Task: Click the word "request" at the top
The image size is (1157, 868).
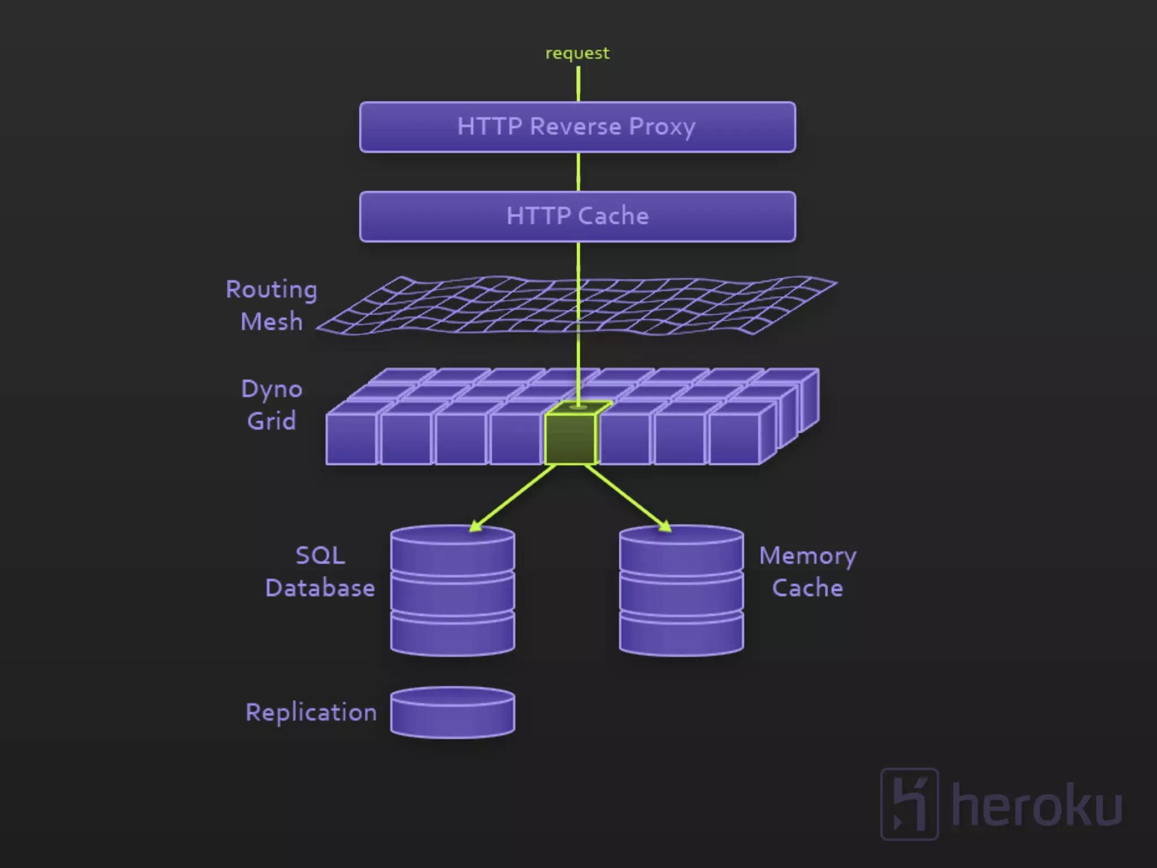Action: (x=577, y=53)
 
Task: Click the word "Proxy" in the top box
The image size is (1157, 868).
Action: (x=662, y=127)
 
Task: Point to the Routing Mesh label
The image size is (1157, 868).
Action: (x=271, y=305)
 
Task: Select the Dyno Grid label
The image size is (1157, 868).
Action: (x=272, y=405)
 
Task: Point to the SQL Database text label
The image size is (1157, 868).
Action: (x=320, y=571)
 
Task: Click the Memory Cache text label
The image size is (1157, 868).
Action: (x=807, y=571)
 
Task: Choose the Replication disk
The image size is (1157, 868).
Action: (x=453, y=713)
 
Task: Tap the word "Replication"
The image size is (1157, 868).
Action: (x=311, y=712)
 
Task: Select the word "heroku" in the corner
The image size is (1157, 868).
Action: (x=1037, y=805)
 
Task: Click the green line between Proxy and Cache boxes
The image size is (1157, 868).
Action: (x=578, y=172)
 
